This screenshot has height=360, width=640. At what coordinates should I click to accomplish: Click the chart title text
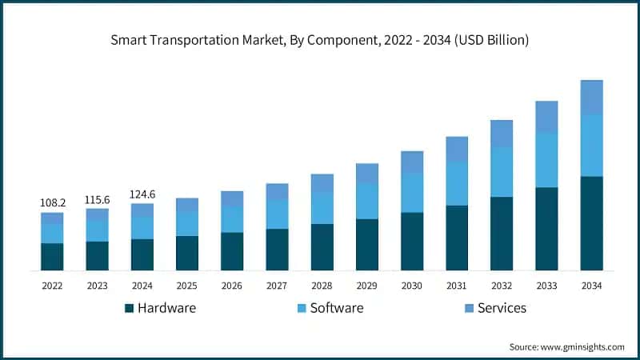(x=320, y=39)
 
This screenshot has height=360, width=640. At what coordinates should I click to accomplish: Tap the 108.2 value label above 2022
(x=52, y=204)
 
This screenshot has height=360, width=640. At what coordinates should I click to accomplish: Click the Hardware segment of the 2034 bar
(x=591, y=223)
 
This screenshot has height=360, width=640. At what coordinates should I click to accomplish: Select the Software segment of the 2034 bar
(x=591, y=145)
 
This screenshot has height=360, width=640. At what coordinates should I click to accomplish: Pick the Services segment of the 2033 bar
(x=546, y=117)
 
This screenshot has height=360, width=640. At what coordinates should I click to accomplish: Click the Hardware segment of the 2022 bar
(x=52, y=257)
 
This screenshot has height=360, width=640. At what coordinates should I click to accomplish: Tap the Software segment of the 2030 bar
(x=412, y=193)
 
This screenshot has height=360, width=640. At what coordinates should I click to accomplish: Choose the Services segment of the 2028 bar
(x=322, y=183)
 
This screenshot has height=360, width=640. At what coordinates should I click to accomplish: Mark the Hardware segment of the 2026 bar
(x=232, y=251)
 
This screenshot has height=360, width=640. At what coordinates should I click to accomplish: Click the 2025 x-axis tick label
(x=187, y=286)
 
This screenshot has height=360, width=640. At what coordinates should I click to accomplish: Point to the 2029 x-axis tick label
(x=367, y=286)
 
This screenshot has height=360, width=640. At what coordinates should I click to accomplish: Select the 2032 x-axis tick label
(x=502, y=286)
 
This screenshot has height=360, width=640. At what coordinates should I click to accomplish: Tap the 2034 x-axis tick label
(x=591, y=286)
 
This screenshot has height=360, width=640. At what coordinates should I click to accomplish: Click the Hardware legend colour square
(x=129, y=308)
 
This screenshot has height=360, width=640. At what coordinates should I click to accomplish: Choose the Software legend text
(x=337, y=308)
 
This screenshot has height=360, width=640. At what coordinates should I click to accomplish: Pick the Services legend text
(x=502, y=308)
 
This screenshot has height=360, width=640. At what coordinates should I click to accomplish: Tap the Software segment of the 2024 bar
(x=142, y=228)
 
